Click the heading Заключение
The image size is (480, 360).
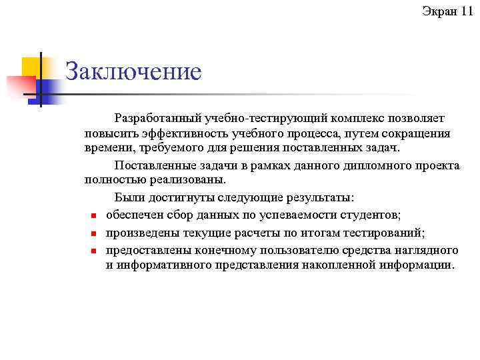(x=133, y=72)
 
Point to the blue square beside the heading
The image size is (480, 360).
(x=51, y=88)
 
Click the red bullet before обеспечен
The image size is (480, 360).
(x=94, y=215)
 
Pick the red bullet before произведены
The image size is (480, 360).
(x=94, y=233)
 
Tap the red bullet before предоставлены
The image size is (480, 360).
(x=94, y=251)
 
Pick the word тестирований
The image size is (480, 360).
(x=388, y=233)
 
